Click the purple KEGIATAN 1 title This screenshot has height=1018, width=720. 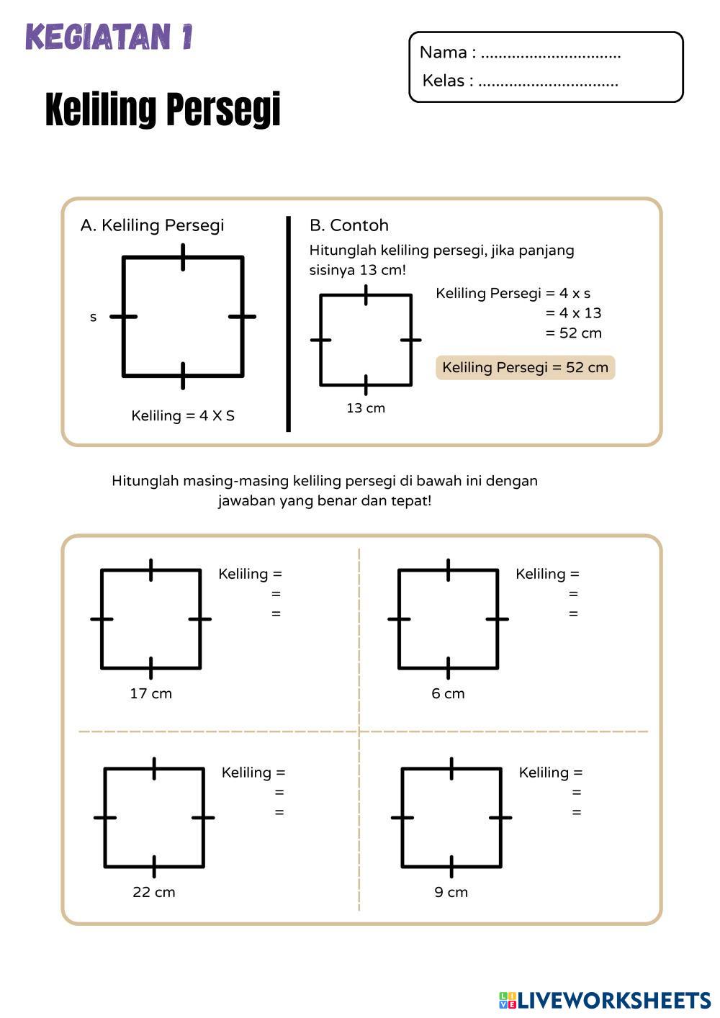pyautogui.click(x=109, y=37)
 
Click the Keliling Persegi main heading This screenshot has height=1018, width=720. pyautogui.click(x=163, y=109)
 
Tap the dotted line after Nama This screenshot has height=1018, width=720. pyautogui.click(x=550, y=54)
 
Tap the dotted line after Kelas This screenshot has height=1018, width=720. pyautogui.click(x=548, y=82)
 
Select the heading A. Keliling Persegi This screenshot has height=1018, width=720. pyautogui.click(x=152, y=225)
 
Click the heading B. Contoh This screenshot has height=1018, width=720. pyautogui.click(x=348, y=225)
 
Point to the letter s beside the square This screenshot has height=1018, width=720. pyautogui.click(x=93, y=317)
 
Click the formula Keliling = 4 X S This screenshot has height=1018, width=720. pyautogui.click(x=183, y=416)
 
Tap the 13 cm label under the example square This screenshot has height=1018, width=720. pyautogui.click(x=366, y=408)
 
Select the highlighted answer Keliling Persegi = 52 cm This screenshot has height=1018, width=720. pyautogui.click(x=525, y=367)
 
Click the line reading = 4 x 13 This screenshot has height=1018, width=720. pyautogui.click(x=573, y=313)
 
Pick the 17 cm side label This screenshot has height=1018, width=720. pyautogui.click(x=150, y=693)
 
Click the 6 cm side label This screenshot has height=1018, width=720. pyautogui.click(x=448, y=693)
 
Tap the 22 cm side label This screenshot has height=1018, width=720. pyautogui.click(x=154, y=892)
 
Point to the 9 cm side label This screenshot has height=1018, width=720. pyautogui.click(x=451, y=892)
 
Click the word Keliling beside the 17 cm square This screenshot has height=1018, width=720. pyautogui.click(x=243, y=574)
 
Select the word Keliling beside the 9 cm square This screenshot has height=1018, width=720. pyautogui.click(x=544, y=772)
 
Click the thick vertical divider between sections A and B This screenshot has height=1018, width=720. pyautogui.click(x=289, y=324)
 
